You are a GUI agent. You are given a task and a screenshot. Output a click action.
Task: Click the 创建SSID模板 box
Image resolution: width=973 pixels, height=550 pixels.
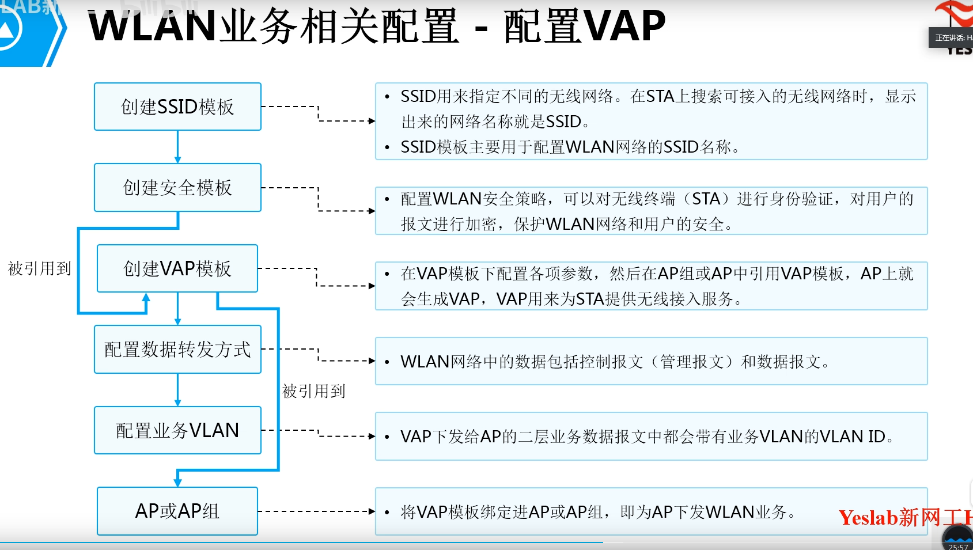tap(177, 107)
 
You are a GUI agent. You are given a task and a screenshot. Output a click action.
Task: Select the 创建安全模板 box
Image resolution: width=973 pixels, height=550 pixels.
tap(177, 187)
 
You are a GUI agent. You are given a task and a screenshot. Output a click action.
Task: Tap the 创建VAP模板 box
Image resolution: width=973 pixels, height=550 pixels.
tap(177, 268)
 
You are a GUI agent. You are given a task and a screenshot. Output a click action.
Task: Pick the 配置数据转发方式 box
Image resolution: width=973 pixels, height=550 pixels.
tap(177, 350)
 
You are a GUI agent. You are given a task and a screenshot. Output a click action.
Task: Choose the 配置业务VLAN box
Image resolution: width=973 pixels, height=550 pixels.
tap(177, 430)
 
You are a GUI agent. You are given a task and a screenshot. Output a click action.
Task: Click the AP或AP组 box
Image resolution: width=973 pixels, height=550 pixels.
tap(177, 511)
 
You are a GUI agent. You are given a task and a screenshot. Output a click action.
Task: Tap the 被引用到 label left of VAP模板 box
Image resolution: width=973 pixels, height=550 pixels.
tap(39, 268)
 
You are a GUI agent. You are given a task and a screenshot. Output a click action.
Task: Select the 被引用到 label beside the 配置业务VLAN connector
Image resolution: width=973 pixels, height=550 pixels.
tap(314, 391)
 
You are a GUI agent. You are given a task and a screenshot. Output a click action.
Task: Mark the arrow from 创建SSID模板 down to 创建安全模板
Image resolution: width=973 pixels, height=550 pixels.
tap(177, 147)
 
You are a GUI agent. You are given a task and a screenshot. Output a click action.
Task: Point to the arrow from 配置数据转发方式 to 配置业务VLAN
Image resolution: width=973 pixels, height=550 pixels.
tap(177, 390)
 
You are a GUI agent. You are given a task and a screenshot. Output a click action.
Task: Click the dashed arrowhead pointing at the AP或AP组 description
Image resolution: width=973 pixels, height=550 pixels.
tap(371, 511)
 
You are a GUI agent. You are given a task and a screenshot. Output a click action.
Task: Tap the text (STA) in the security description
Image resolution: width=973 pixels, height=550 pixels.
tap(706, 199)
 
